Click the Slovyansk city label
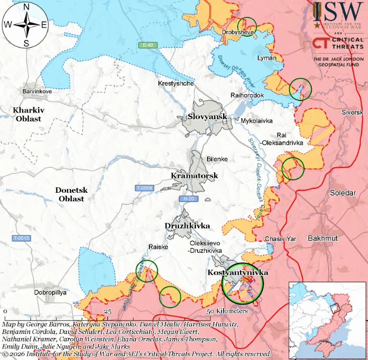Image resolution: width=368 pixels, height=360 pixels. [207, 117]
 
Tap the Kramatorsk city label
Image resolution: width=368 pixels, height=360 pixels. [194, 176]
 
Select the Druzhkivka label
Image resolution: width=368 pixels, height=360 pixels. [187, 226]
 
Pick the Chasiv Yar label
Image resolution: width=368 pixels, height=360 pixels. [280, 239]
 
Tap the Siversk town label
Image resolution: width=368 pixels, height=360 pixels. [352, 112]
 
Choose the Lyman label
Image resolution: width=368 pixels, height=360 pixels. [266, 58]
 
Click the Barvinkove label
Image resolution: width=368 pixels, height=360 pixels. [37, 92]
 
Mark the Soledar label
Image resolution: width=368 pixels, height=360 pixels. [342, 193]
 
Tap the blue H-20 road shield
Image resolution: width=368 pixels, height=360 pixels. [189, 199]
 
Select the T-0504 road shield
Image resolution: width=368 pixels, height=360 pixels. [144, 188]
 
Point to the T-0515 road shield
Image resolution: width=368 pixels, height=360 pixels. [22, 238]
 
